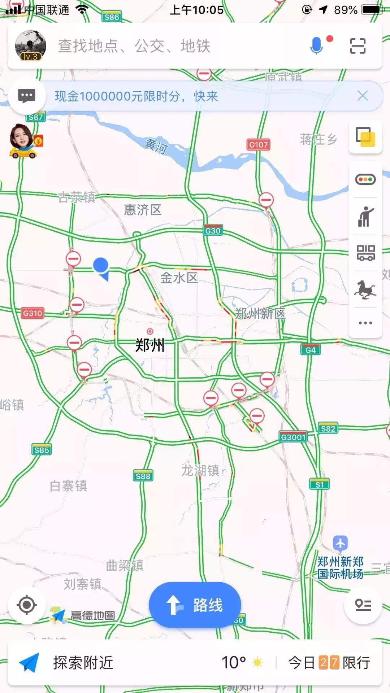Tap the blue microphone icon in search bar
point(316,46)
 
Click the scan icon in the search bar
point(357,46)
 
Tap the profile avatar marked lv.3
point(30,45)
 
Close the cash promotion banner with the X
point(363,96)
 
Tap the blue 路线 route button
point(195,605)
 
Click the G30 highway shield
point(213,231)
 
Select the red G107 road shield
point(259,145)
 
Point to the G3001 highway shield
point(293,437)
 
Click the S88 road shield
point(143,476)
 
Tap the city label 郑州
point(150,345)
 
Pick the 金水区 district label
point(179,278)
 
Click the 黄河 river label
point(156,146)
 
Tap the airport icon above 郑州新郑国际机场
point(340,543)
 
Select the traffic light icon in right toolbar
point(365,179)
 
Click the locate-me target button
point(26,605)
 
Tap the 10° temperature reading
point(234,663)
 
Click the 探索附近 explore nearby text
point(83,663)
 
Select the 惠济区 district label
point(143,210)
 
